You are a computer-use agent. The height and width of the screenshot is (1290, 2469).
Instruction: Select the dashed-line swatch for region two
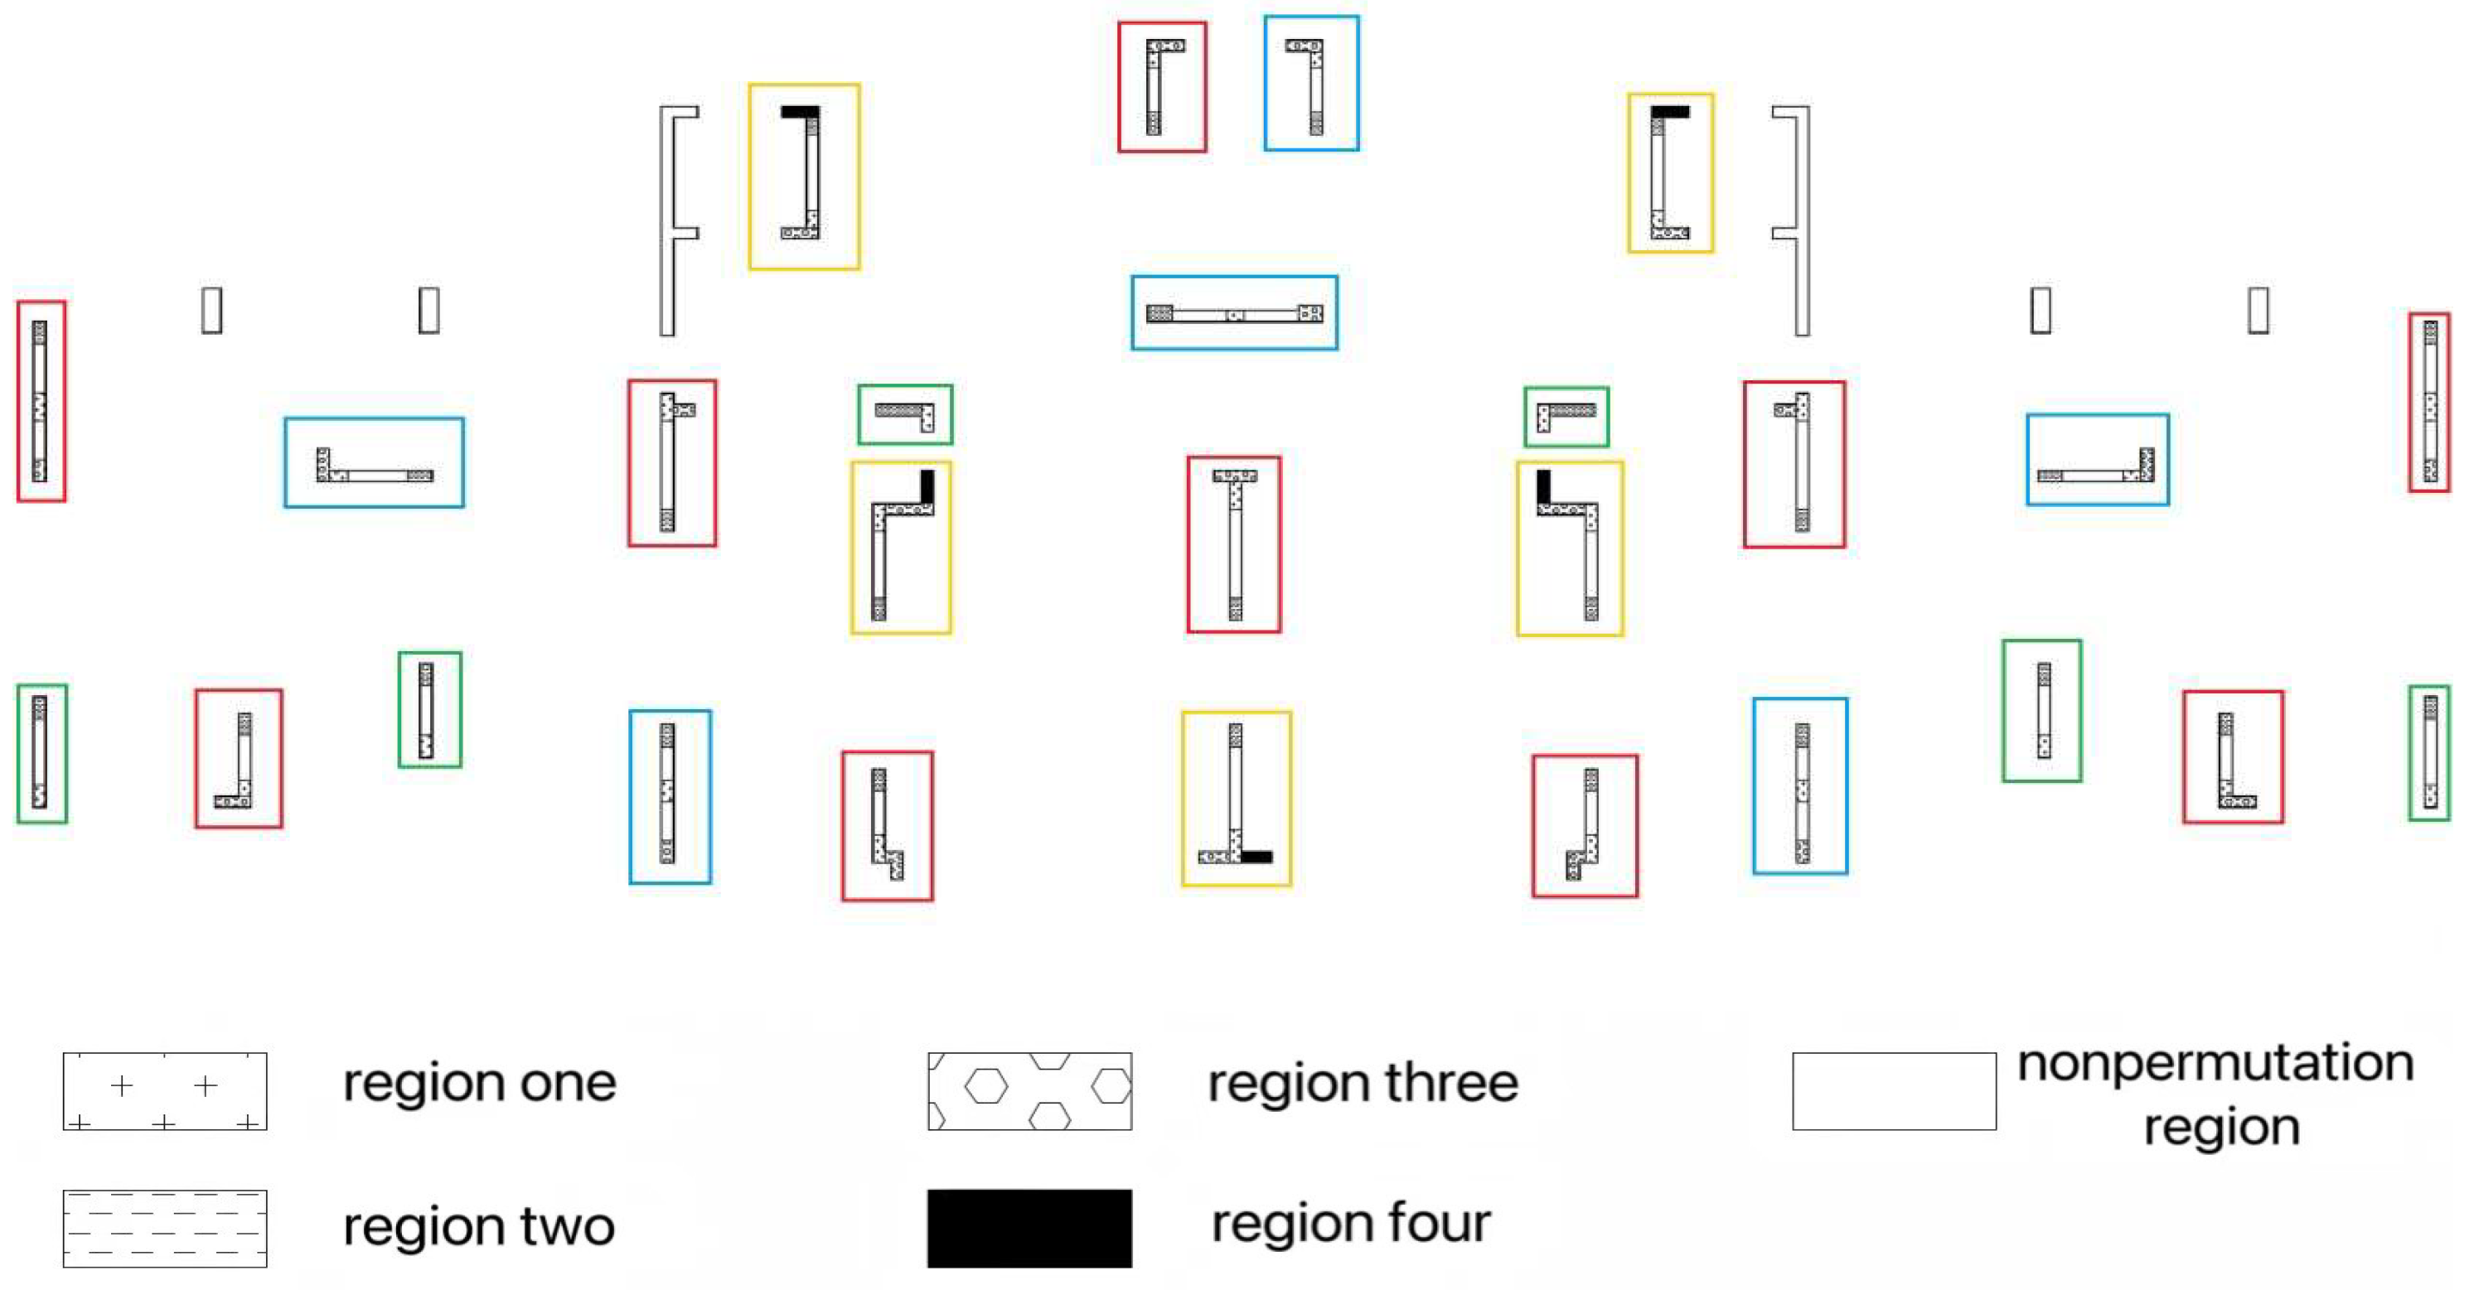[165, 1229]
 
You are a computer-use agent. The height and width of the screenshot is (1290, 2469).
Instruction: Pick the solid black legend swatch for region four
[1029, 1229]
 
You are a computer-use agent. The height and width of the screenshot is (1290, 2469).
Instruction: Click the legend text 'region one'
[479, 1083]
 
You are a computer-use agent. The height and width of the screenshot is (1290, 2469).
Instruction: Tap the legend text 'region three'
[1363, 1083]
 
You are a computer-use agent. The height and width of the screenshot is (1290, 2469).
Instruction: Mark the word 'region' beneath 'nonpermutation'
[2222, 1127]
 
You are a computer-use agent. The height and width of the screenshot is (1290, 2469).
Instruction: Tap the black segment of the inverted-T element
[1256, 857]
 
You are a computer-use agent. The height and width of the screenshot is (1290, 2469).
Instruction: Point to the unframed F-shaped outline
[668, 220]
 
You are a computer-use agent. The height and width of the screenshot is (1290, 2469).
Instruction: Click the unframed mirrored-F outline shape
[1802, 220]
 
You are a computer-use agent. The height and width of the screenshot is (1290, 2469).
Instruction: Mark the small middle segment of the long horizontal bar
[1236, 314]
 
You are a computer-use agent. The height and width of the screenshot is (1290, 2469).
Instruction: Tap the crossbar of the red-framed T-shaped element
[1235, 476]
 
